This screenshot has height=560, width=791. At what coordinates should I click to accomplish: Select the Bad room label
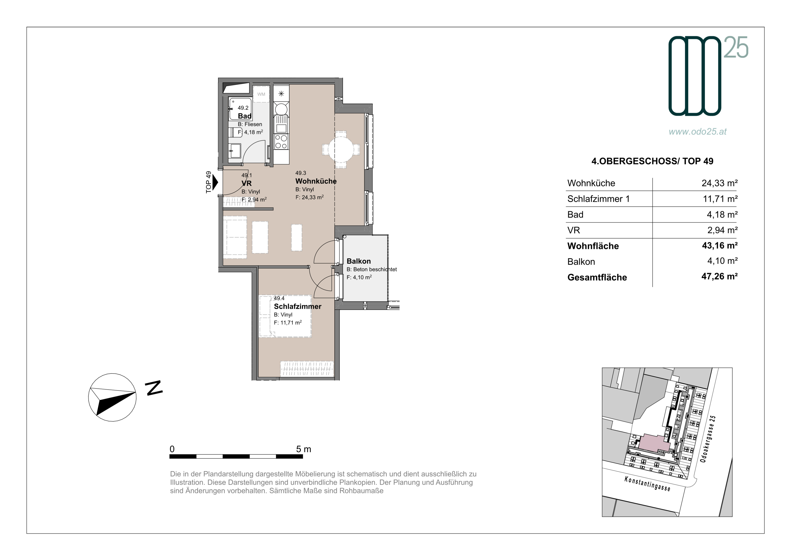[x=245, y=116]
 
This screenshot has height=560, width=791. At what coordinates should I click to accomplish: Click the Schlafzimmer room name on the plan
[x=297, y=307]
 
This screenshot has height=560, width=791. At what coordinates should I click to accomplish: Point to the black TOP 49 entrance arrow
[x=215, y=182]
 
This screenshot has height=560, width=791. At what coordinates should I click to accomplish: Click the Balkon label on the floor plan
[x=359, y=261]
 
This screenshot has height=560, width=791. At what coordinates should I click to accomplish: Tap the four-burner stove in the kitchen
[x=281, y=142]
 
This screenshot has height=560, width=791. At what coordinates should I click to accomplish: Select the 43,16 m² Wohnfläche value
[x=720, y=245]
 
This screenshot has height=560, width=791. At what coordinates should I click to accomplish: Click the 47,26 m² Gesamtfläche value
[x=719, y=276]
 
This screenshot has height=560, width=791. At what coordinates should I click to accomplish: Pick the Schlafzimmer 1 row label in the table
[x=598, y=199]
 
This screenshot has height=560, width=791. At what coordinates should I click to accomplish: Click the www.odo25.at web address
[x=698, y=132]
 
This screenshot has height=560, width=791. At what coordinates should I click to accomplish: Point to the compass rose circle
[x=112, y=397]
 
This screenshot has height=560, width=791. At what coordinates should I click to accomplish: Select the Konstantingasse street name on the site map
[x=647, y=484]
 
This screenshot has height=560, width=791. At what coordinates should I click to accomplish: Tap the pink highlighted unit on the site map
[x=654, y=443]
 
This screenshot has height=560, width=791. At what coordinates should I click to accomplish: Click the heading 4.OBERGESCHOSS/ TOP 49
[x=652, y=161]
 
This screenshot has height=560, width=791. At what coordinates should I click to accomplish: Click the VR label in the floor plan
[x=246, y=183]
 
